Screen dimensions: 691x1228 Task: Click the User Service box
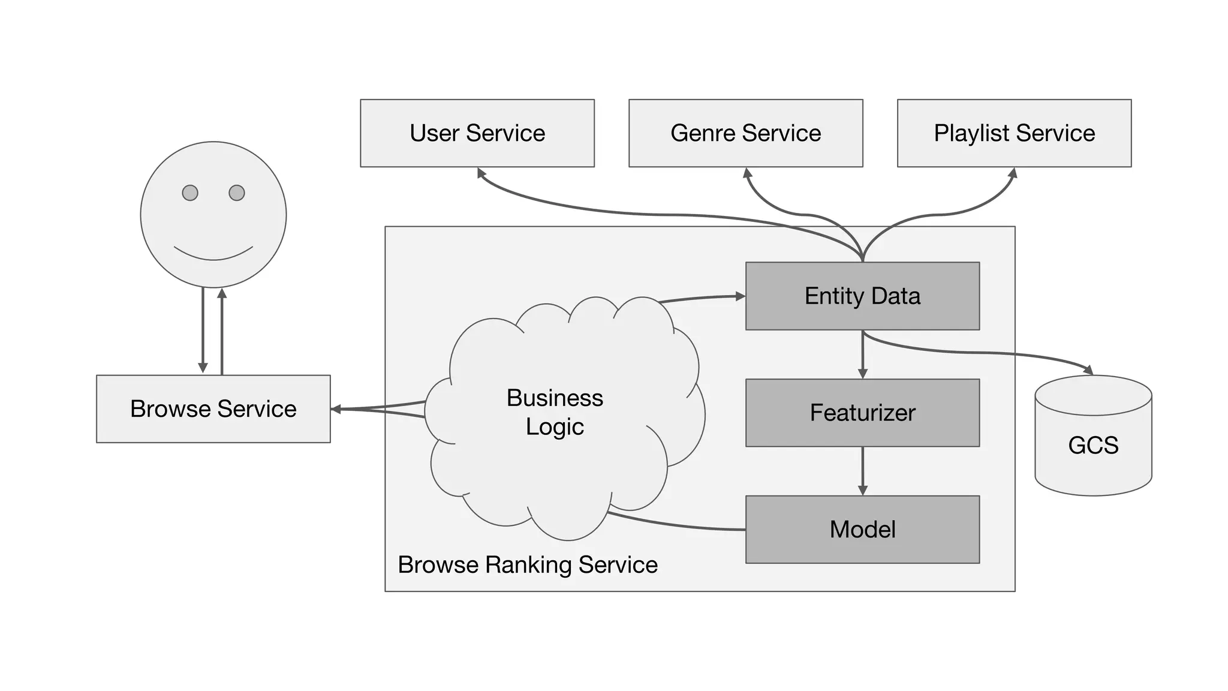tap(477, 133)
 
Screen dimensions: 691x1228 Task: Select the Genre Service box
tap(745, 133)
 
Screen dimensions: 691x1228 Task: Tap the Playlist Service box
tap(1014, 133)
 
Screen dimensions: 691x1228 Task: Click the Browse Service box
tap(213, 409)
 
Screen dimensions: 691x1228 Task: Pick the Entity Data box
tap(862, 296)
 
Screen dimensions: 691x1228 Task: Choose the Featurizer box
tap(862, 413)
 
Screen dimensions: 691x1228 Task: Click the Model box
tap(862, 530)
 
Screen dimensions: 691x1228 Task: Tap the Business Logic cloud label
tap(555, 413)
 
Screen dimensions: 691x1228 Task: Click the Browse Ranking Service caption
tap(528, 565)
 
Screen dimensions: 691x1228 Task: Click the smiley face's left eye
tap(190, 193)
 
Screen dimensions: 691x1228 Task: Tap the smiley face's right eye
tap(237, 193)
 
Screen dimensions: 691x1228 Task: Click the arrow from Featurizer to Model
tap(862, 471)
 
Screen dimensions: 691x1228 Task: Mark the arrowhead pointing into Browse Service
tap(336, 409)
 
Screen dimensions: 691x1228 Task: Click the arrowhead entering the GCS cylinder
tap(1088, 370)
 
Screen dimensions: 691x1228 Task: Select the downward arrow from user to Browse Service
tap(203, 330)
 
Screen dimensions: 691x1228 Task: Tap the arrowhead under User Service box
tap(481, 173)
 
